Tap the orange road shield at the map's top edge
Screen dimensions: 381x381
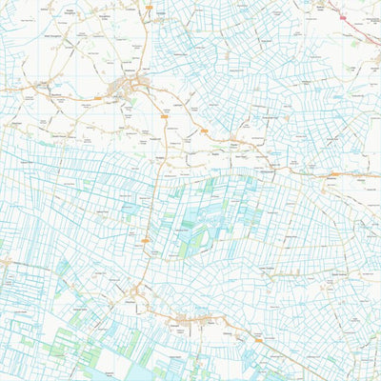coord(150,6)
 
